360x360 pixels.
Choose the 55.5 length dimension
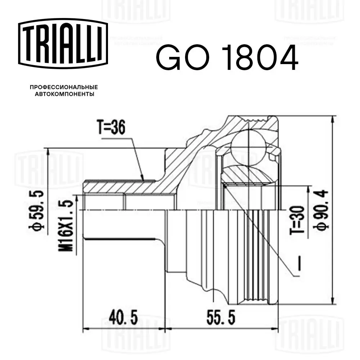pos(221,317)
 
